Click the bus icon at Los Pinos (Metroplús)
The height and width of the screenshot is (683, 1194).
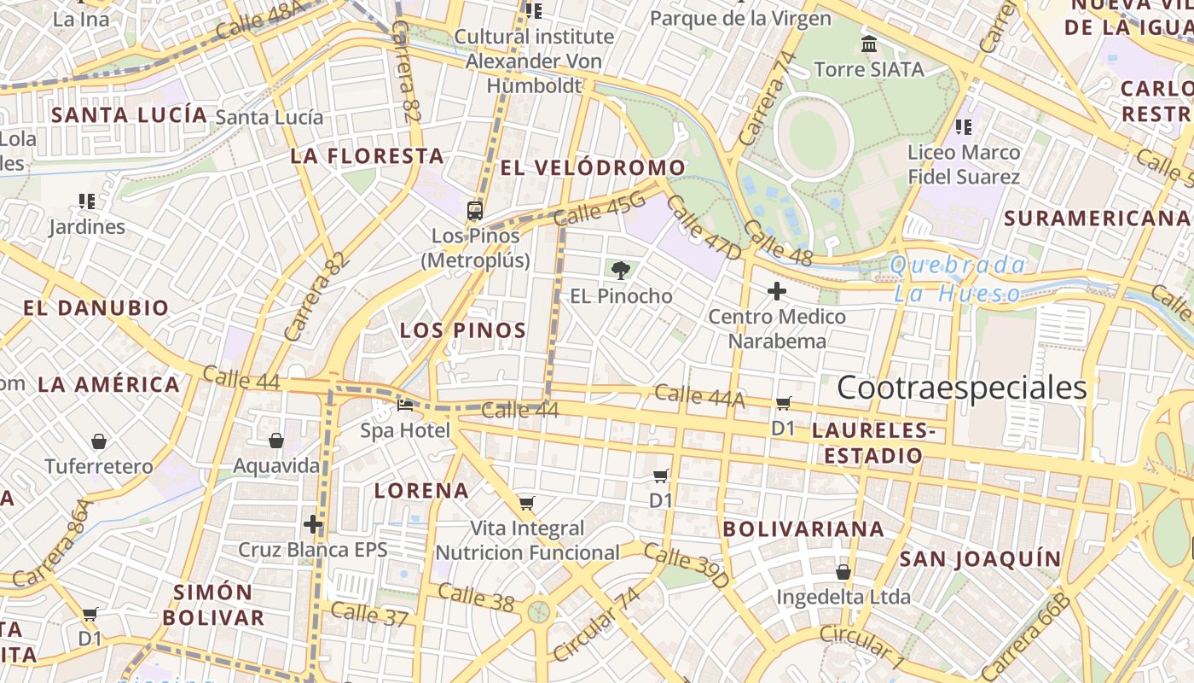(x=475, y=210)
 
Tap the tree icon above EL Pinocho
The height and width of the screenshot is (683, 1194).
(x=621, y=271)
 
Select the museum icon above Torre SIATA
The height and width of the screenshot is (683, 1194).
(x=869, y=44)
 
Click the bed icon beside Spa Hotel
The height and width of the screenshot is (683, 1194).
(x=405, y=405)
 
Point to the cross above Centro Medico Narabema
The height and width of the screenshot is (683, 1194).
(x=776, y=291)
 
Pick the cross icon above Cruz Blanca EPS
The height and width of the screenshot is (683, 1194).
(x=313, y=523)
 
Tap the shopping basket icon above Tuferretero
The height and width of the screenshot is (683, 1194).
(x=99, y=441)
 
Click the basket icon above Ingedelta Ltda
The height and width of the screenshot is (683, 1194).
(x=843, y=571)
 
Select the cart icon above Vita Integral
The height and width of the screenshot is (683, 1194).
(x=526, y=503)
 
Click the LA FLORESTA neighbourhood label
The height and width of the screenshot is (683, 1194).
(x=367, y=156)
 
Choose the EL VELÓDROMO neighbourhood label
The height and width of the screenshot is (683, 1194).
(x=593, y=167)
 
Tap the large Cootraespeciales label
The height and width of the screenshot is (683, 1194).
(x=961, y=388)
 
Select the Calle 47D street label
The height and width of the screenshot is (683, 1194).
(x=704, y=227)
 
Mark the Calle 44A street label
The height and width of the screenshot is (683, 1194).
(x=699, y=395)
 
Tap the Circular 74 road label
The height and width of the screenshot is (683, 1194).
(x=597, y=625)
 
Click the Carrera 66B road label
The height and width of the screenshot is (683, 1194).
(x=1025, y=636)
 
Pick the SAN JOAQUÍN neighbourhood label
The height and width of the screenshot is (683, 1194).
(x=981, y=559)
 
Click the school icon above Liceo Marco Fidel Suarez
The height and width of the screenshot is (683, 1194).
(x=964, y=127)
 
